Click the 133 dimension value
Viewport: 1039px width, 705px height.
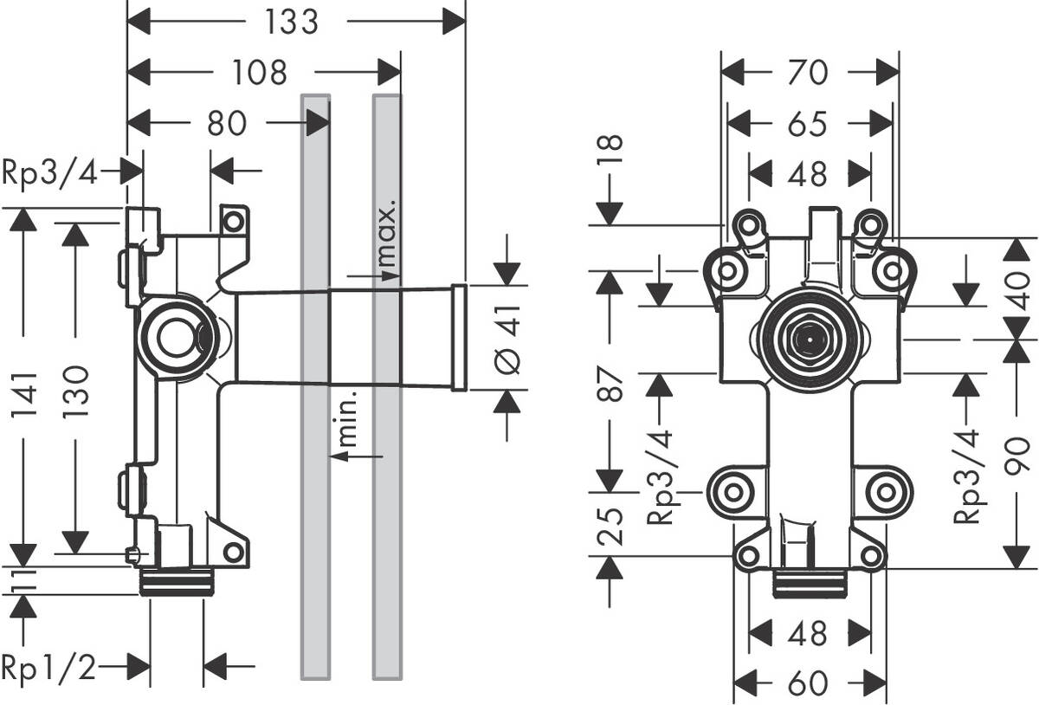(x=291, y=22)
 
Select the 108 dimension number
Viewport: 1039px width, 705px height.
(x=260, y=73)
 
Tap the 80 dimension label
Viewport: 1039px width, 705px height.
(x=227, y=124)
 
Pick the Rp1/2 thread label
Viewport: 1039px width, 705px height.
(x=48, y=667)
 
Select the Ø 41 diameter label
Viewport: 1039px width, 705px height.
(x=510, y=338)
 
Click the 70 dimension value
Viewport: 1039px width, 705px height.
(x=808, y=73)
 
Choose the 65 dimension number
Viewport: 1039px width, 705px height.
(x=808, y=124)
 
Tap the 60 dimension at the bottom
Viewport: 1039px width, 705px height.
(x=808, y=683)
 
